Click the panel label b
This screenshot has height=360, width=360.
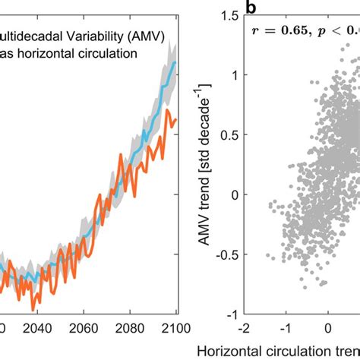(251, 8)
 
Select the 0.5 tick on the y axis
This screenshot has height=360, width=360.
(229, 134)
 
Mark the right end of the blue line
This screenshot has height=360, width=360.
(176, 63)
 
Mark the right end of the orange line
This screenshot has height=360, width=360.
(176, 118)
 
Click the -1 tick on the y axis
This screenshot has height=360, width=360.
(229, 314)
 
